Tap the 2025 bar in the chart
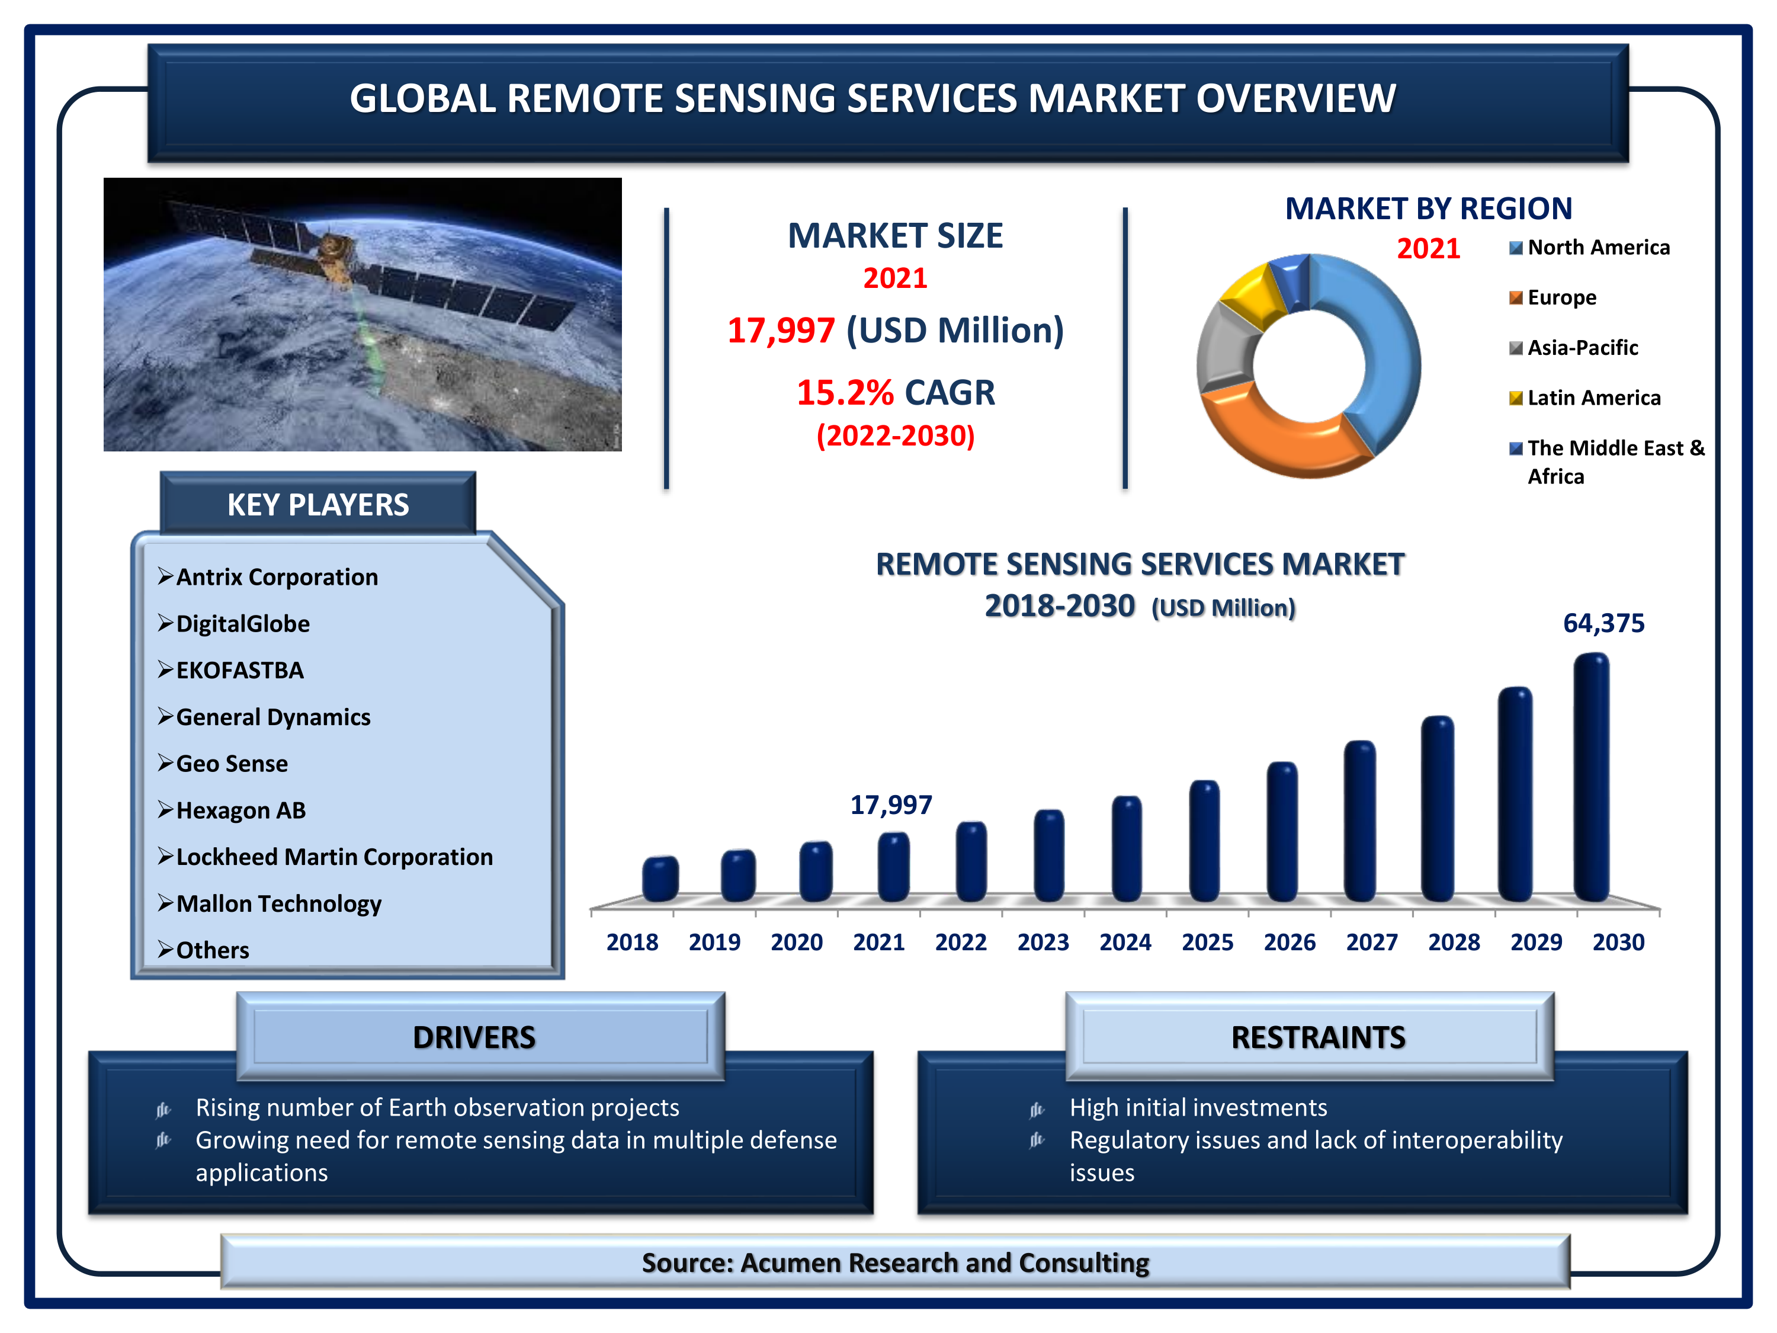pos(1204,841)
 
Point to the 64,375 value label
pos(1603,623)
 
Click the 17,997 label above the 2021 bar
pos(891,805)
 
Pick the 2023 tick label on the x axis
pos(1043,942)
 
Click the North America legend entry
pos(1589,248)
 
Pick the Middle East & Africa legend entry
pos(1606,462)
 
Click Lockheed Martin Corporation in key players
pos(334,857)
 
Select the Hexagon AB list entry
pos(241,810)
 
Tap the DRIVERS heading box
pos(480,1037)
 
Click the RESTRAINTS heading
pos(1319,1037)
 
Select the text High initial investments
pos(1198,1107)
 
